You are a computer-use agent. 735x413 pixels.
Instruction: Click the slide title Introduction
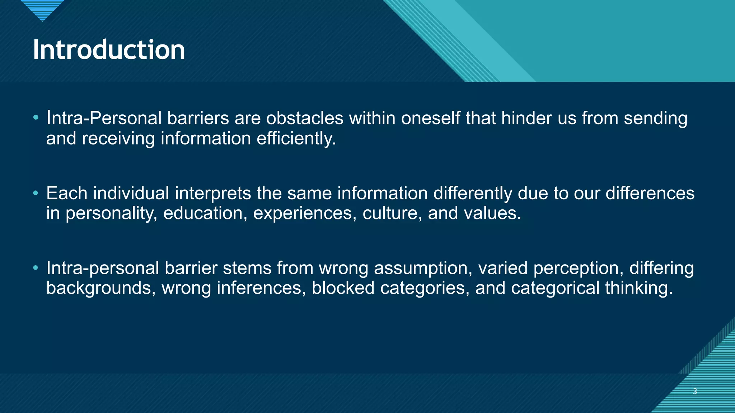coord(109,49)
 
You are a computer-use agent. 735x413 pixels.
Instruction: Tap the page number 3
coord(695,391)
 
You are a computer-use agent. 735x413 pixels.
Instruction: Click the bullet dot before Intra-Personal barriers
coord(35,118)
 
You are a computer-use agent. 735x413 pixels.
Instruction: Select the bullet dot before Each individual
coord(35,193)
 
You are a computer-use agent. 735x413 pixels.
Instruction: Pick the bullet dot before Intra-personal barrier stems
coord(35,268)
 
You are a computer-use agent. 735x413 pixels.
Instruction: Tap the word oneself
coord(430,118)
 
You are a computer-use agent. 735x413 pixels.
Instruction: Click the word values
coord(492,213)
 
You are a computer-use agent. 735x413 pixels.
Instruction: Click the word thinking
coord(639,288)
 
